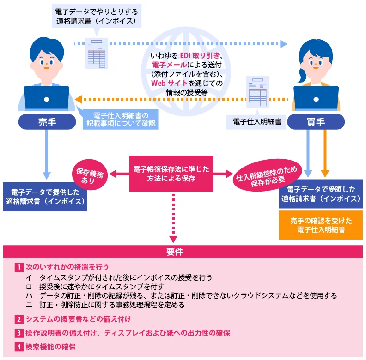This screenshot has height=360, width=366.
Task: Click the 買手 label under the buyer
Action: click(x=316, y=122)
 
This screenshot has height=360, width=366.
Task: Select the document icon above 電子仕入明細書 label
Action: click(x=258, y=91)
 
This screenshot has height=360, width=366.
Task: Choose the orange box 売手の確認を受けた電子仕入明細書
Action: click(x=321, y=225)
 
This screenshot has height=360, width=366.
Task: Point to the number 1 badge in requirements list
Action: click(x=18, y=267)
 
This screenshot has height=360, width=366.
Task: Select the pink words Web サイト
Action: click(x=170, y=83)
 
